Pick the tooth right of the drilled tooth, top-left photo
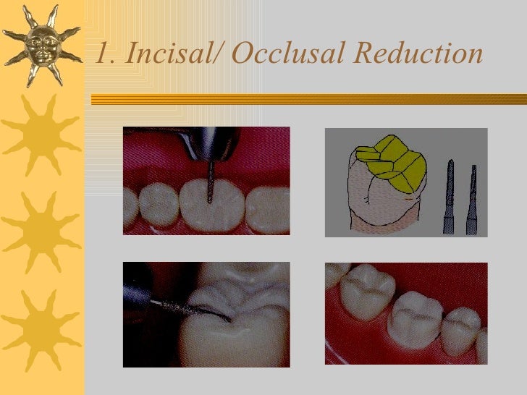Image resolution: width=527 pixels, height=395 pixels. [267, 209]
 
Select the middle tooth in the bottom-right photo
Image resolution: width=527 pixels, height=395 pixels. [414, 318]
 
